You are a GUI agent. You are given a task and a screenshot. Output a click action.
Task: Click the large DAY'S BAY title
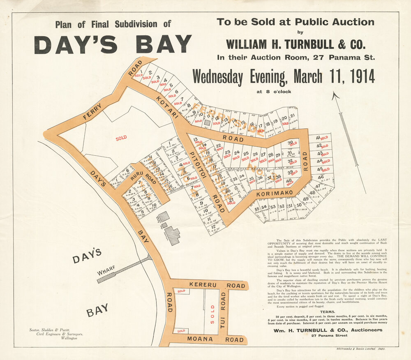[113, 44]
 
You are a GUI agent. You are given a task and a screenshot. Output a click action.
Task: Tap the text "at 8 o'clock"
[273, 92]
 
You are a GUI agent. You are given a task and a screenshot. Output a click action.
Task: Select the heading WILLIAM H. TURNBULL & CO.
[295, 43]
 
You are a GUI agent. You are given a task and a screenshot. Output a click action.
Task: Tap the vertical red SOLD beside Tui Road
[212, 314]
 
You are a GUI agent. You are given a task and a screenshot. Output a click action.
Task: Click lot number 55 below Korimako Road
[257, 209]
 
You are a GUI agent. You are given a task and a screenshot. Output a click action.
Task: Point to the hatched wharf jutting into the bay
[123, 269]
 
